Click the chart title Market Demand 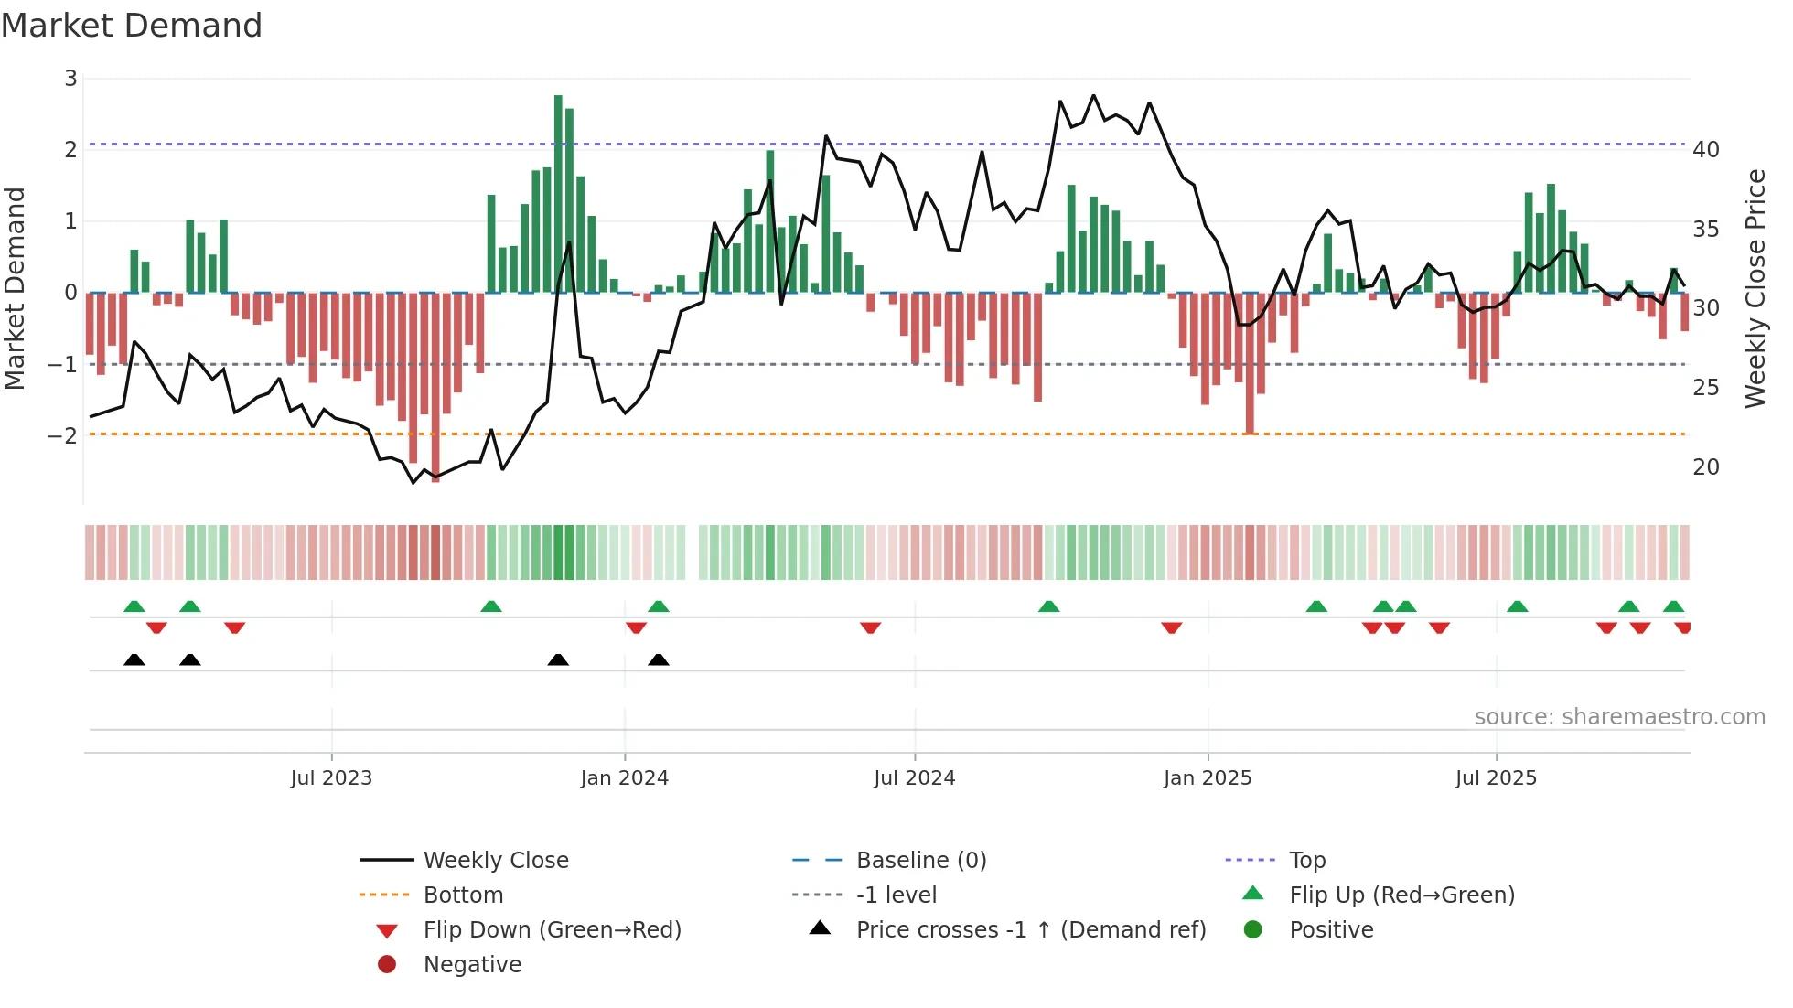tap(132, 26)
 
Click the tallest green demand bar tap(558, 192)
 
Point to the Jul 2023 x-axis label tap(331, 778)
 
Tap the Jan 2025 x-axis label tap(1207, 778)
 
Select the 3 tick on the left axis tap(70, 79)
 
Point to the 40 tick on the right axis tap(1705, 150)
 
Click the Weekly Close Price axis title tap(1755, 288)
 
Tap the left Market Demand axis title tap(16, 288)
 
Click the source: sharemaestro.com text tap(1619, 717)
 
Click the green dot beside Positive tap(1253, 930)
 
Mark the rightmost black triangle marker tap(659, 659)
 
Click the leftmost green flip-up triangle tap(134, 606)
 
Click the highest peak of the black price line tap(1093, 95)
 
